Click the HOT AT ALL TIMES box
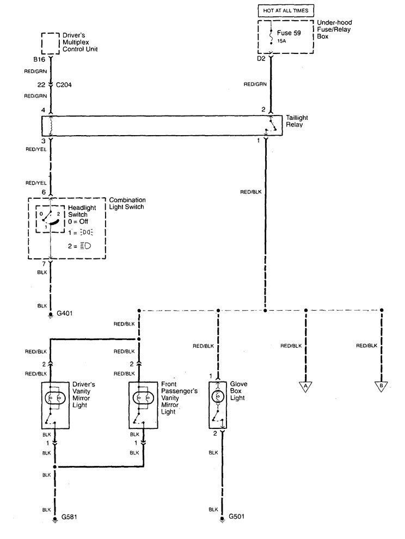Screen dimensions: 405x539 (286, 11)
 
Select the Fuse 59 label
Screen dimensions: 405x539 (289, 33)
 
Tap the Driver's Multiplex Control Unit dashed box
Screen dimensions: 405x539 (51, 44)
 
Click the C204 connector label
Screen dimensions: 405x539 (64, 85)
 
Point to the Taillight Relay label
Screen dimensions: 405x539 (297, 121)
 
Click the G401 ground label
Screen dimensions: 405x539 (65, 313)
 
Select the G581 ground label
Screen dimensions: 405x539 (69, 517)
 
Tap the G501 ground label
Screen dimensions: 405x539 (236, 516)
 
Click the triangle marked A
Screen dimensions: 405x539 (305, 386)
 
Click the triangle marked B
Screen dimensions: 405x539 (381, 386)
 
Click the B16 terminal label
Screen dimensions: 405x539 (39, 59)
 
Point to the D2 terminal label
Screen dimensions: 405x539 (261, 59)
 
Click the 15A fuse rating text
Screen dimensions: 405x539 (281, 41)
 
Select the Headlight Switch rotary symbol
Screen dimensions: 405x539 (50, 219)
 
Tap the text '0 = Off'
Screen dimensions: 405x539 (78, 222)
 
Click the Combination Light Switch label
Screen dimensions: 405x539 (127, 203)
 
